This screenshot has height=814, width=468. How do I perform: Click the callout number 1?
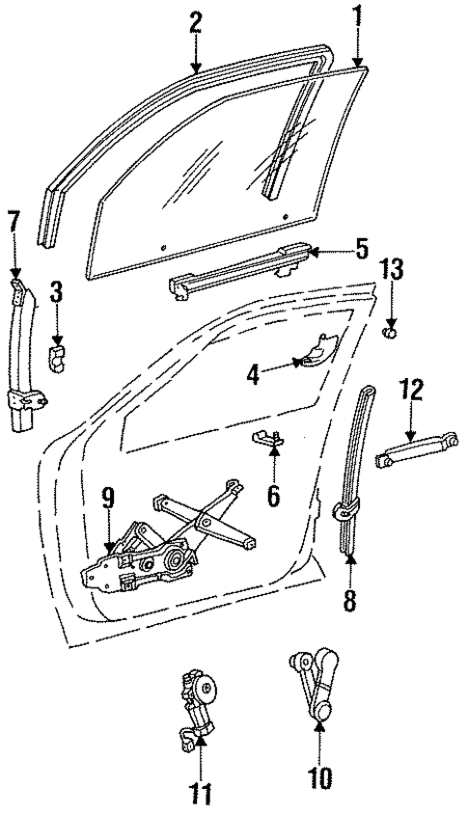click(x=359, y=16)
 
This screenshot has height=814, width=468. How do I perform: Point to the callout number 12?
click(x=412, y=390)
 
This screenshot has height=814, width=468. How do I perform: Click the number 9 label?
click(x=107, y=499)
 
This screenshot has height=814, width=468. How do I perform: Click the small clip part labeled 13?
click(x=391, y=334)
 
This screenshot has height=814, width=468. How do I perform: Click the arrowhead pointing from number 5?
click(x=314, y=252)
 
